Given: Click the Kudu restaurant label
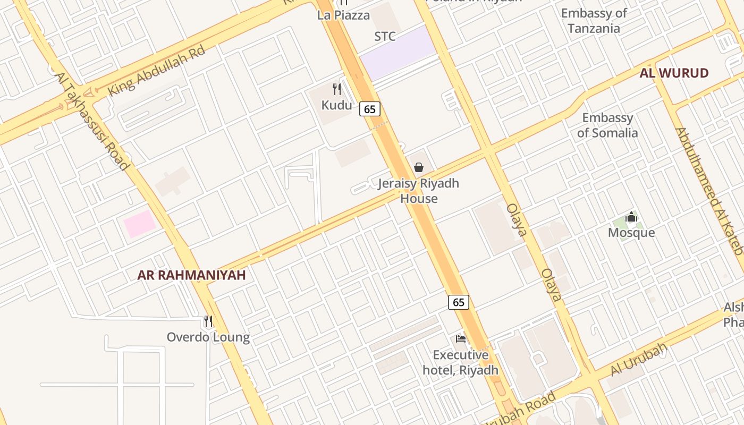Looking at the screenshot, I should click(336, 105).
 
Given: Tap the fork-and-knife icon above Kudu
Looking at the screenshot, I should click(336, 89).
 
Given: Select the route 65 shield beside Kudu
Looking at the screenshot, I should click(370, 109).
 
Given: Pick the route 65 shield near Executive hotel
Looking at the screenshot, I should click(459, 302).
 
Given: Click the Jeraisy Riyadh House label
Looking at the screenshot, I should click(419, 191).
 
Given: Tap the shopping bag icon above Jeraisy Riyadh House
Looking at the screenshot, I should click(419, 167).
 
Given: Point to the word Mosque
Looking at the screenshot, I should click(631, 233).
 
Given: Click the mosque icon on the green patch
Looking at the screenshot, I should click(631, 217).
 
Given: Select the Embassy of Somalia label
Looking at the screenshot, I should click(607, 125).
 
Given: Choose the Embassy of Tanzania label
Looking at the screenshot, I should click(594, 21).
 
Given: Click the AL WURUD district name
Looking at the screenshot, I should click(674, 73).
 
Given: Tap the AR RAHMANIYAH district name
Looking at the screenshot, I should click(191, 275).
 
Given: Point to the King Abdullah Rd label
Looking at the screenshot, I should click(156, 71).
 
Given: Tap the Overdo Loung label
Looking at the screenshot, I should click(208, 337).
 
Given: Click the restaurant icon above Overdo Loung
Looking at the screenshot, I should click(208, 321).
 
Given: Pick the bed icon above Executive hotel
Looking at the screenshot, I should click(461, 338).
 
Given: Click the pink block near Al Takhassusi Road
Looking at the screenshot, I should click(140, 224).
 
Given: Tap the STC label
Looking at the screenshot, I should click(385, 36).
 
